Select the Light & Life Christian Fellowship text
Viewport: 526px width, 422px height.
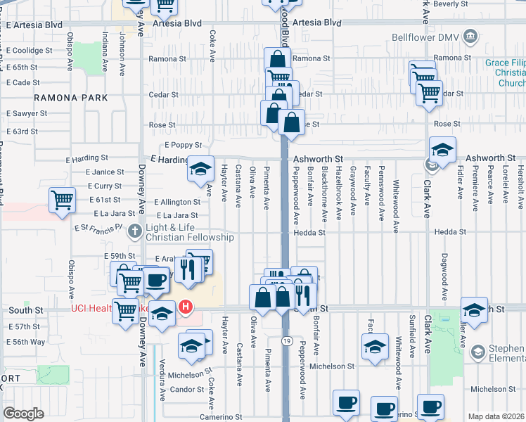point(189,233)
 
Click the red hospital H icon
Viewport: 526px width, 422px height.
point(186,307)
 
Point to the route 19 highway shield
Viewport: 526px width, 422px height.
point(287,341)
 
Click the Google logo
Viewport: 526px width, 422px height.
point(23,414)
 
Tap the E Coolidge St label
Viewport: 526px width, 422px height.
point(30,51)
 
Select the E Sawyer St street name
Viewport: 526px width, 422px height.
point(27,113)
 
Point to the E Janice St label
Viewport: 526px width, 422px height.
point(105,172)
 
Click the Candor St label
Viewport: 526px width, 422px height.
point(186,389)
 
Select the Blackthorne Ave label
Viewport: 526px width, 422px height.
point(325,193)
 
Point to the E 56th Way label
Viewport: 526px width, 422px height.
point(25,342)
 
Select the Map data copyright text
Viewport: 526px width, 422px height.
point(496,416)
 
